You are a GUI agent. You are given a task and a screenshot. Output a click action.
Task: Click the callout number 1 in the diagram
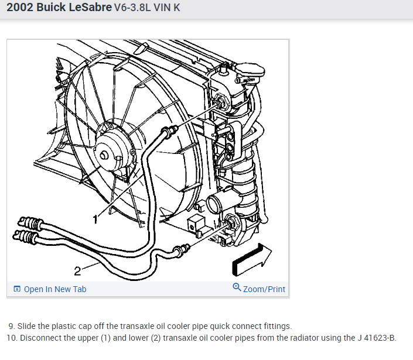click(x=95, y=218)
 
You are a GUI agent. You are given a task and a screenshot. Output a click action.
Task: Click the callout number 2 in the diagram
click(x=77, y=270)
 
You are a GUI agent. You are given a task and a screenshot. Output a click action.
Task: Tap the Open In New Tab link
click(x=55, y=289)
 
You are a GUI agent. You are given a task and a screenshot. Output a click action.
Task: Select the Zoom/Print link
click(x=264, y=289)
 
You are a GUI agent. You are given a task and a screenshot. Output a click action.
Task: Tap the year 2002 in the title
click(x=21, y=10)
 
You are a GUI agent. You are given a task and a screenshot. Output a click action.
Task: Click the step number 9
click(x=11, y=326)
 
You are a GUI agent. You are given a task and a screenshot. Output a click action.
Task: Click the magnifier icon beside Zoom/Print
click(x=237, y=287)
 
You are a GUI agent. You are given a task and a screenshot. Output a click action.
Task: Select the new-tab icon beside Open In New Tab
click(x=17, y=289)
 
